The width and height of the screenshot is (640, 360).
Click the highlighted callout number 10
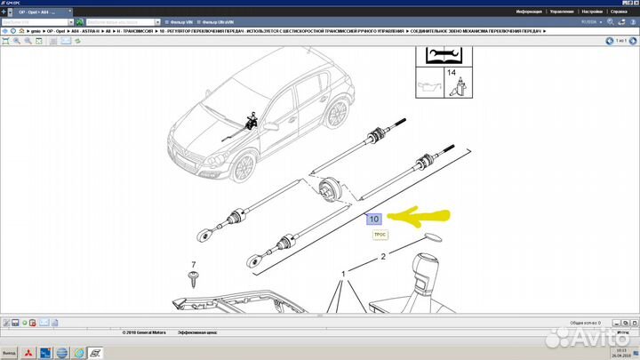point(373,219)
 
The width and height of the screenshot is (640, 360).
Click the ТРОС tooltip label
point(380,235)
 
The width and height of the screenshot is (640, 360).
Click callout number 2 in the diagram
point(383,257)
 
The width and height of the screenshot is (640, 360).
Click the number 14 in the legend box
point(452,72)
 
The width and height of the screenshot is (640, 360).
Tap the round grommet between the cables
point(330,189)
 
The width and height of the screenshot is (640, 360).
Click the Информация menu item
point(528,12)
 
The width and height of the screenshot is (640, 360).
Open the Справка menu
point(620,12)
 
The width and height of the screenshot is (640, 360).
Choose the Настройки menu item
point(591,12)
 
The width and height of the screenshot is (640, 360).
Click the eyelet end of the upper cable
point(204,236)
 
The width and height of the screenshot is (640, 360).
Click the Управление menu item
point(561,12)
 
